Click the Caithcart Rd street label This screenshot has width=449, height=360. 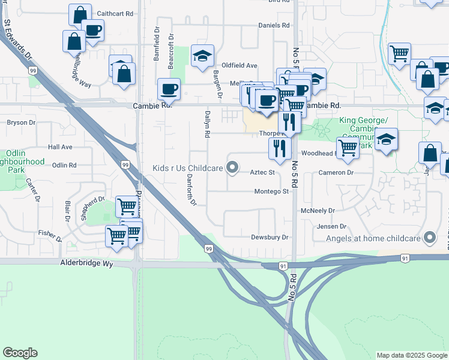tap(115, 13)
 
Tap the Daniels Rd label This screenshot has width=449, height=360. tap(274, 25)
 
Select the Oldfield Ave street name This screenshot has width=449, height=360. tap(240, 65)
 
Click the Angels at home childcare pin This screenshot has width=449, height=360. tap(429, 238)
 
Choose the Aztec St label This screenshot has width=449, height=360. tap(262, 173)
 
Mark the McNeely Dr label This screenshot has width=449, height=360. tap(318, 211)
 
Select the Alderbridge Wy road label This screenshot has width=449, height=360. tap(86, 263)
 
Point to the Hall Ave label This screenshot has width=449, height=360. tap(60, 147)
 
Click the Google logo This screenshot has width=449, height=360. tap(20, 353)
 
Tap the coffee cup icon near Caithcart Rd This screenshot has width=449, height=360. tap(92, 30)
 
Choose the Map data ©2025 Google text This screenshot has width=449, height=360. tap(411, 355)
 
